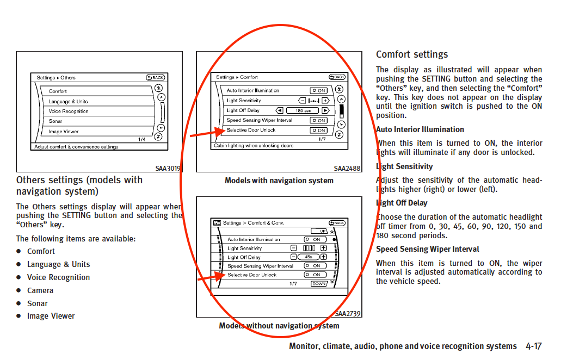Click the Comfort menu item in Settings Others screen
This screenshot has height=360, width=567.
(58, 91)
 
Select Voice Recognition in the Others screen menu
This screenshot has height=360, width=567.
(69, 111)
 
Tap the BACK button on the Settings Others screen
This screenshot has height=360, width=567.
(156, 77)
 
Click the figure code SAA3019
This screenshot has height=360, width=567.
(168, 169)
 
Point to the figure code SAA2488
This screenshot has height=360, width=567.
(347, 169)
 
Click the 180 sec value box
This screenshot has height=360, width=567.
(303, 110)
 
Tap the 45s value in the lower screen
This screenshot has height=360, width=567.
(308, 257)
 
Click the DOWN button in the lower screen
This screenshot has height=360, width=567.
(319, 284)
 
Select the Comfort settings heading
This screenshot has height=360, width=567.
(412, 54)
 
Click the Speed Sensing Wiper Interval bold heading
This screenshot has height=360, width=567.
(427, 249)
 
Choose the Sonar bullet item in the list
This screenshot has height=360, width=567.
(37, 303)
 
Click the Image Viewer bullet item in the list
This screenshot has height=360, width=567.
(51, 316)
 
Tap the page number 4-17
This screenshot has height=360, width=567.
(534, 346)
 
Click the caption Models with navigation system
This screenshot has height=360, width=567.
(279, 181)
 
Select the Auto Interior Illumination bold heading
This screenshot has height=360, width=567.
(420, 129)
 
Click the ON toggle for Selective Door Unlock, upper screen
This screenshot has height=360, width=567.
(318, 131)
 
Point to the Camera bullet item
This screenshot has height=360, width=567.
(40, 290)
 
